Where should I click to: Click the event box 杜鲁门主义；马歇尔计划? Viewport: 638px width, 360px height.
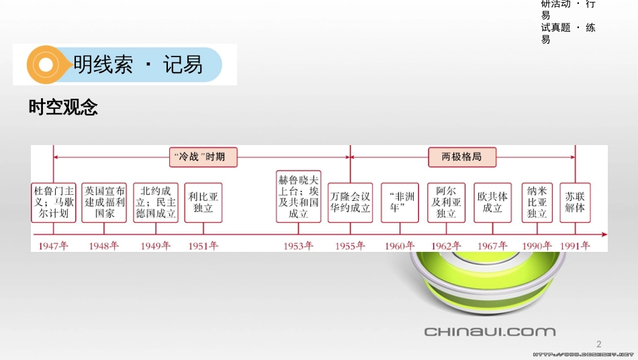pyautogui.click(x=54, y=203)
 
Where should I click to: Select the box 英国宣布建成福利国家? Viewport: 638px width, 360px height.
pyautogui.click(x=104, y=203)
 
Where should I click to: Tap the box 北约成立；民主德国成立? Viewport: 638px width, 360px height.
pyautogui.click(x=155, y=203)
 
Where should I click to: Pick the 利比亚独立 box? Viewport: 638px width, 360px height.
pyautogui.click(x=203, y=203)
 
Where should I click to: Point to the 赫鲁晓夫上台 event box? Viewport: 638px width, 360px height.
pyautogui.click(x=299, y=196)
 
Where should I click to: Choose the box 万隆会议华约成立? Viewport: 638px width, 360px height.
pyautogui.click(x=349, y=203)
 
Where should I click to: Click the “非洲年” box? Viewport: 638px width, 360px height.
pyautogui.click(x=400, y=203)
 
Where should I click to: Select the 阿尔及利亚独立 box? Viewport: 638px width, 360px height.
pyautogui.click(x=446, y=203)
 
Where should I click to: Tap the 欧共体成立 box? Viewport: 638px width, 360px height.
pyautogui.click(x=492, y=203)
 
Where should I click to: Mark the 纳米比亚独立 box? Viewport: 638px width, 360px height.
pyautogui.click(x=537, y=203)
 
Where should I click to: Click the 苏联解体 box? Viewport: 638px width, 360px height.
pyautogui.click(x=575, y=203)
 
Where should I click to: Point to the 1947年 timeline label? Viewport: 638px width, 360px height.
pyautogui.click(x=54, y=246)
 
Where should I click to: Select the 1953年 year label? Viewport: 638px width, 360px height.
pyautogui.click(x=298, y=246)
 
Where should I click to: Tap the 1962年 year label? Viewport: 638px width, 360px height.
pyautogui.click(x=446, y=246)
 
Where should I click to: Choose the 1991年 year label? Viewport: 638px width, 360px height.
pyautogui.click(x=575, y=246)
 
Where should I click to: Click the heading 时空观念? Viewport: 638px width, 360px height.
pyautogui.click(x=63, y=107)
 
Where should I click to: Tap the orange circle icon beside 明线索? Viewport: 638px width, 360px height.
pyautogui.click(x=45, y=65)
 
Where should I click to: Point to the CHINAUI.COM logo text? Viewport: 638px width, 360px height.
pyautogui.click(x=490, y=331)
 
